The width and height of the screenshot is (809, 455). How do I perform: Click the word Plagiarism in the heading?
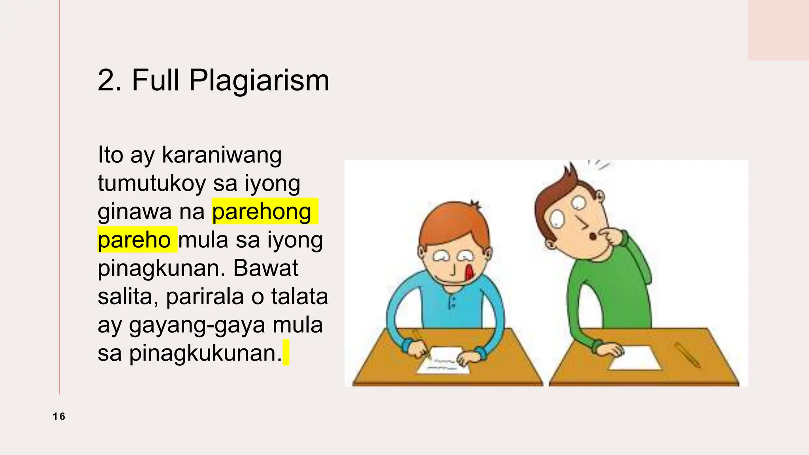(259, 81)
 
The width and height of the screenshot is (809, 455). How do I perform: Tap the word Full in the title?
(156, 80)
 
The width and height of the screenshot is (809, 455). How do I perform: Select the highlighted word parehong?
(262, 212)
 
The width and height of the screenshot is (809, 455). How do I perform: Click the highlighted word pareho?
(134, 240)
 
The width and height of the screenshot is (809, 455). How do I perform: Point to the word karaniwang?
(222, 155)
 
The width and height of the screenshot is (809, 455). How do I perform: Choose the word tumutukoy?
(152, 183)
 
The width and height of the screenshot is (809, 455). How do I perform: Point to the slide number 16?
(59, 416)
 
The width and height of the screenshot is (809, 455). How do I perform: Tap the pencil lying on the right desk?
(687, 355)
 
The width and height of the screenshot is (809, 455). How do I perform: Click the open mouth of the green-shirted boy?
(593, 236)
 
